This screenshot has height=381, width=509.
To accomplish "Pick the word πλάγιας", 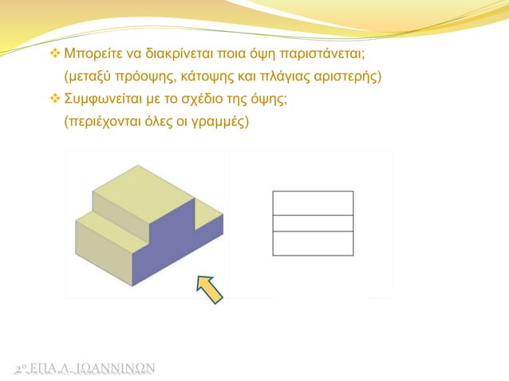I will pos(278,78).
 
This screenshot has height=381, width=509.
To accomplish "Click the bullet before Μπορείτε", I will pos(56,57).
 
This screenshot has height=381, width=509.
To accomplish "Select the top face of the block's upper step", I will pos(144,192).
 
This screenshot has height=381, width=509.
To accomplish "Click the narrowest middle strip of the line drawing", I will pos(313,223).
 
